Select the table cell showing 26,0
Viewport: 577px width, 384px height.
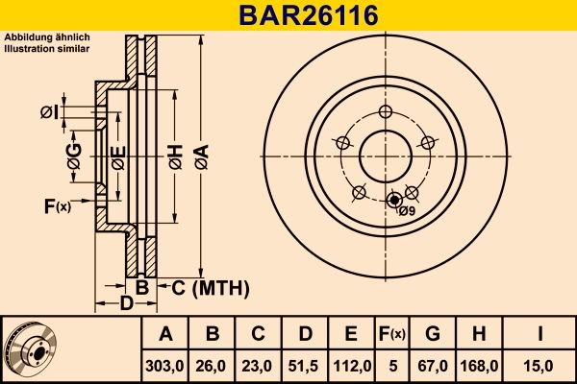pyautogui.click(x=213, y=365)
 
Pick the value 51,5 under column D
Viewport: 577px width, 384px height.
pyautogui.click(x=305, y=365)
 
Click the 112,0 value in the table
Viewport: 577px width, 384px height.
pyautogui.click(x=352, y=365)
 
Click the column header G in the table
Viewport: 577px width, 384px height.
pyautogui.click(x=432, y=334)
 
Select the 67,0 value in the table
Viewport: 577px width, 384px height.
pyautogui.click(x=432, y=365)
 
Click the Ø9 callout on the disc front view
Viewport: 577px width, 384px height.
pyautogui.click(x=407, y=211)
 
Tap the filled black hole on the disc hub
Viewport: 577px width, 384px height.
pyautogui.click(x=391, y=201)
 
